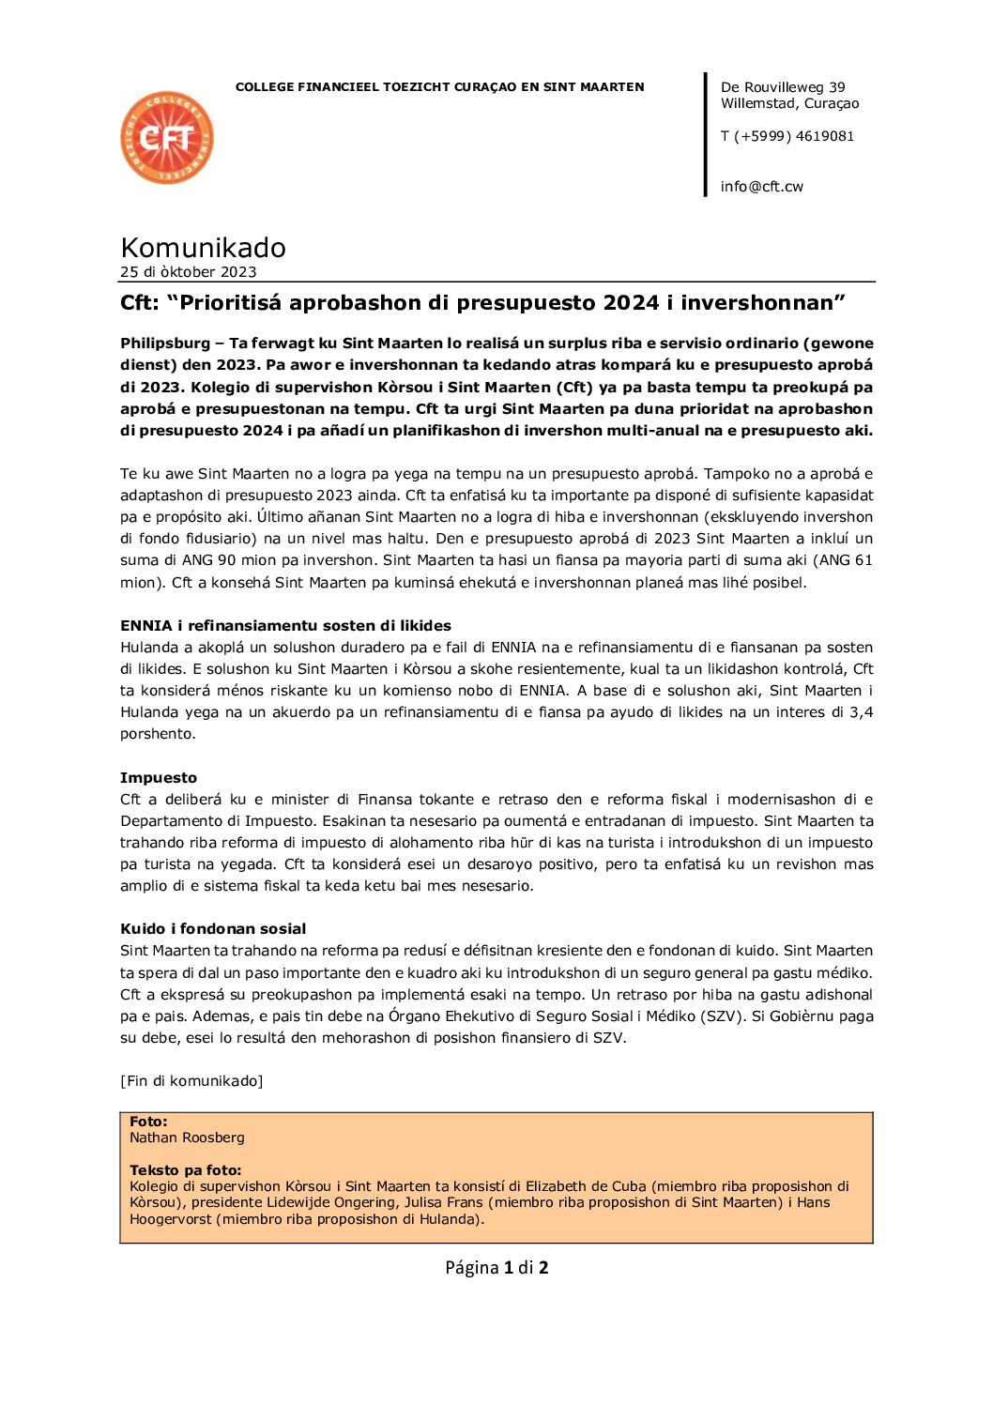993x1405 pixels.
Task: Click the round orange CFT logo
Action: click(x=167, y=138)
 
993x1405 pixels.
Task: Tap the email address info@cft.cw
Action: click(x=761, y=187)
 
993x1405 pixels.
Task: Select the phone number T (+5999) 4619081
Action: click(x=787, y=136)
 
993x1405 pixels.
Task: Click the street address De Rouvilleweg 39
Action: click(x=782, y=87)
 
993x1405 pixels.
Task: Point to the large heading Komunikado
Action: click(x=203, y=248)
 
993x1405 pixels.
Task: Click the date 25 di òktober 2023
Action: click(x=188, y=272)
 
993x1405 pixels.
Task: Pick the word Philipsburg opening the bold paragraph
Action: click(x=164, y=344)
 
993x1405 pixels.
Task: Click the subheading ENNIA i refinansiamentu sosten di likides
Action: click(x=285, y=626)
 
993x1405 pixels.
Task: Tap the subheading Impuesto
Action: click(x=159, y=778)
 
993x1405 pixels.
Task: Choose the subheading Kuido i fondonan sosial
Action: click(x=213, y=929)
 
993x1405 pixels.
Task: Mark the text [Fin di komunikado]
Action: click(x=191, y=1081)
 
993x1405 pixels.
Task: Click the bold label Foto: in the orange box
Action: click(x=148, y=1122)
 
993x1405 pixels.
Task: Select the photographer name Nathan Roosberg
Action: click(x=187, y=1138)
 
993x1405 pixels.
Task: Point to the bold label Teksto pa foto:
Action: click(x=185, y=1170)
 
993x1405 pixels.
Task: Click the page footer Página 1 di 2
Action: click(x=496, y=1268)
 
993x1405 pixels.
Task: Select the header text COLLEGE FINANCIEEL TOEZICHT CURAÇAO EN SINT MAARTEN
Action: click(x=439, y=87)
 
